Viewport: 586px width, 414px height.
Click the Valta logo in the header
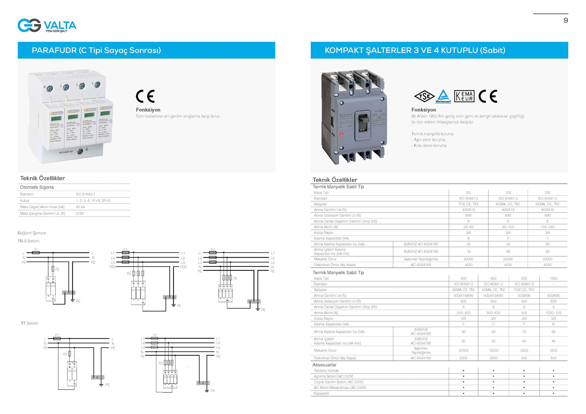(47, 25)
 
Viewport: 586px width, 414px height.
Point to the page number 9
(566, 20)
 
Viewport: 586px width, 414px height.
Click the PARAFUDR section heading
(96, 50)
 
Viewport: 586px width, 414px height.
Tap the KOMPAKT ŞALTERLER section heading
(415, 50)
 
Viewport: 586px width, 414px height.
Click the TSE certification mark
(424, 96)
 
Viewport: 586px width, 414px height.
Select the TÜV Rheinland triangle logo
(443, 96)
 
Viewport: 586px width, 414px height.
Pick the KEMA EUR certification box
(464, 96)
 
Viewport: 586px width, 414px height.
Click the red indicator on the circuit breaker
(341, 134)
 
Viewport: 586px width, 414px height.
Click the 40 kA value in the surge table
(80, 207)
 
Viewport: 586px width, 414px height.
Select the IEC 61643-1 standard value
(85, 194)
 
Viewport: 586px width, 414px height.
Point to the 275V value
(80, 214)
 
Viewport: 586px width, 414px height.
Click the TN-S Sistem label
(28, 241)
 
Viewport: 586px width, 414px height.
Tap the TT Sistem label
(30, 323)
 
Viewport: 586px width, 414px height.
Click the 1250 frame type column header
(553, 278)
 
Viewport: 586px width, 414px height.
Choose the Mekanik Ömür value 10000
(493, 351)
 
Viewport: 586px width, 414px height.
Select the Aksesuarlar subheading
(324, 365)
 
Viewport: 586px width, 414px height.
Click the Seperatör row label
(321, 394)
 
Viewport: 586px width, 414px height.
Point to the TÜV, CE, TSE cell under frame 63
(468, 204)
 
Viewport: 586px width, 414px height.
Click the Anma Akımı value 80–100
(508, 227)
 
